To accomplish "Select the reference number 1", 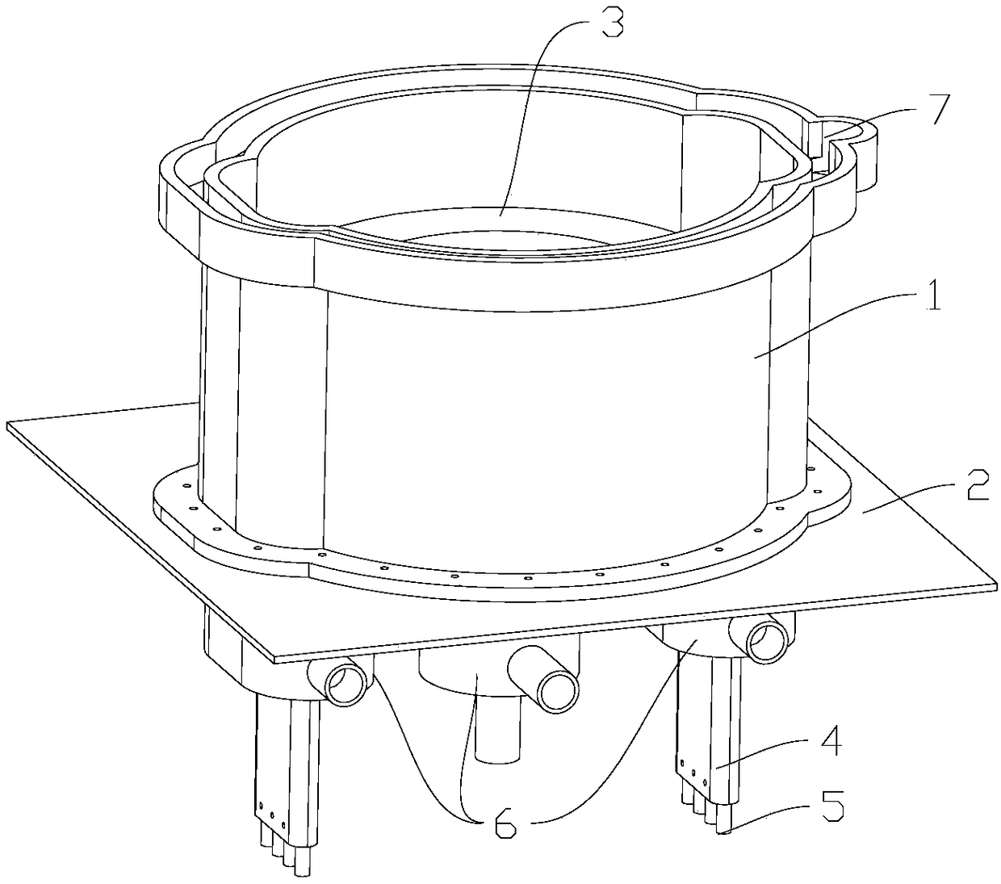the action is (x=932, y=295).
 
